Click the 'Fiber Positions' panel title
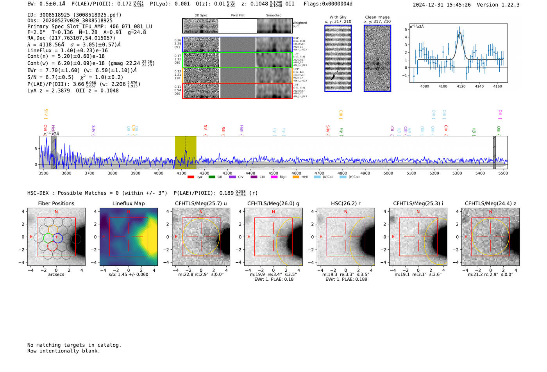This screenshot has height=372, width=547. [x=56, y=203]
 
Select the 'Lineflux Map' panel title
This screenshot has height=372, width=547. [x=129, y=203]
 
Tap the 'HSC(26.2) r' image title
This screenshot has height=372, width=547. [x=346, y=203]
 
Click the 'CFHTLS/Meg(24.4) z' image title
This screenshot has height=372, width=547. [x=490, y=203]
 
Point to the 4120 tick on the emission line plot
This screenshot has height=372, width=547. [x=461, y=86]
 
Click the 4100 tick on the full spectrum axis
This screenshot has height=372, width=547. [x=181, y=173]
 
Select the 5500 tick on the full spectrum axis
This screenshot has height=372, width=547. [x=503, y=173]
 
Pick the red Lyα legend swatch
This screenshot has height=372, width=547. [x=191, y=177]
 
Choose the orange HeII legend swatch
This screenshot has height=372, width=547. [x=296, y=177]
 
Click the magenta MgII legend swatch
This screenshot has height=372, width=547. [x=274, y=177]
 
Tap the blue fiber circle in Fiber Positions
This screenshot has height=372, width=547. [x=57, y=237]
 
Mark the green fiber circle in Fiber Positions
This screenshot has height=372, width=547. [x=48, y=237]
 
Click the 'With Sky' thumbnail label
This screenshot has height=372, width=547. [x=338, y=17]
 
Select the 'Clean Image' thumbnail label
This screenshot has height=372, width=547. [x=377, y=17]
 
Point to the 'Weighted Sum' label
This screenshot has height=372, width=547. [x=300, y=25]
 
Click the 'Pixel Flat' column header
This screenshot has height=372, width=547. [x=238, y=16]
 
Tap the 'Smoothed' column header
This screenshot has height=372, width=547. [x=273, y=16]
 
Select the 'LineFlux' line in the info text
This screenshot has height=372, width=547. [x=68, y=50]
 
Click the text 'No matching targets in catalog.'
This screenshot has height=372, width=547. [x=74, y=345]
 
